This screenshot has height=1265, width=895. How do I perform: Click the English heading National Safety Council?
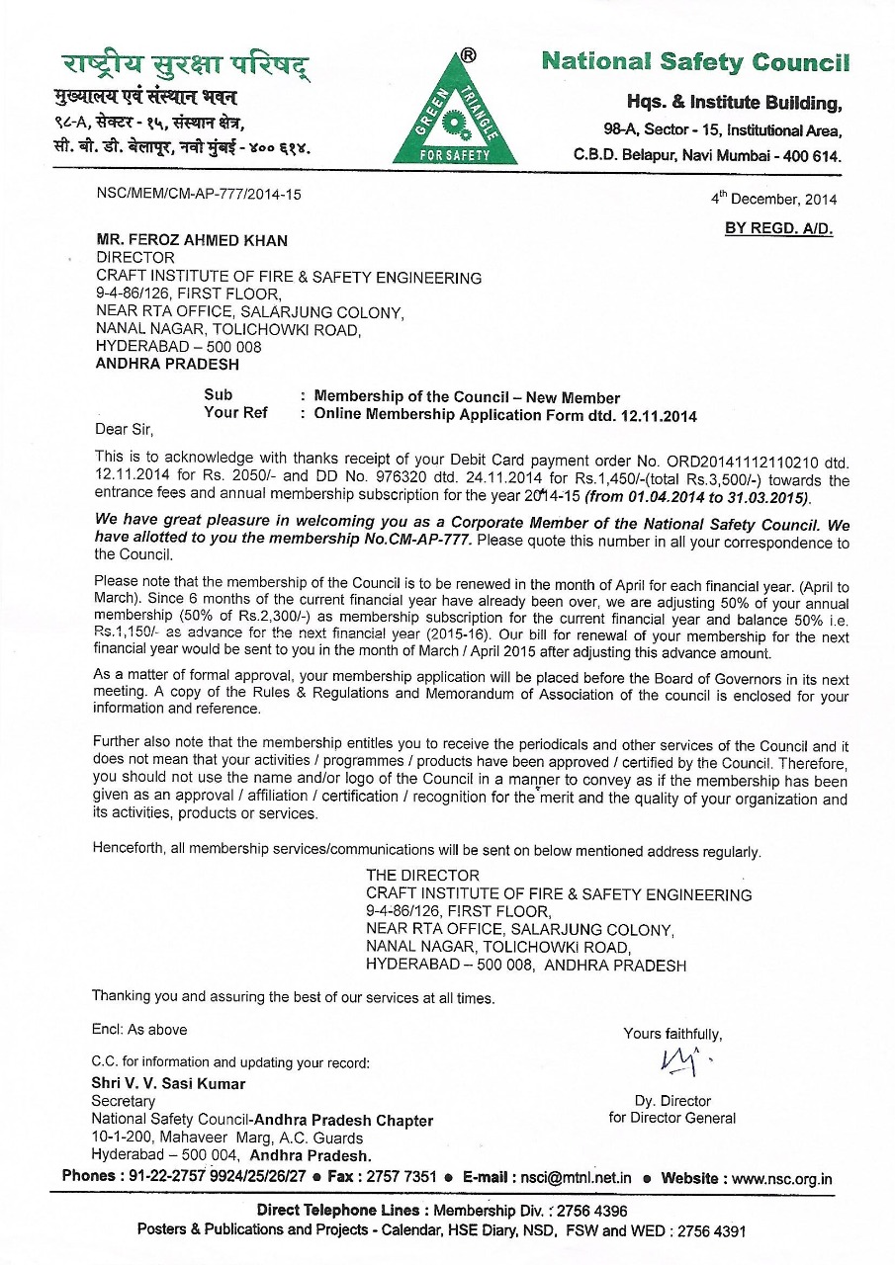(x=695, y=62)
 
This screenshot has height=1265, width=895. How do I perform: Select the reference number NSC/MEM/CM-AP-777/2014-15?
(x=198, y=194)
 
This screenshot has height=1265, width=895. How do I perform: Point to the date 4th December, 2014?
(x=773, y=199)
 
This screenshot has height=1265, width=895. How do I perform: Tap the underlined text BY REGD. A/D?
(x=779, y=229)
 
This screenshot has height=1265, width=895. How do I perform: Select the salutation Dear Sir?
(x=125, y=430)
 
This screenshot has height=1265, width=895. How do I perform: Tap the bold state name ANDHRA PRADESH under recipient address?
(x=167, y=364)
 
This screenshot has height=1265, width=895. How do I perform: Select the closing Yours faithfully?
(x=672, y=1034)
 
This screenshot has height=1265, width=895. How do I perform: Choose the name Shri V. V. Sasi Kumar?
(x=168, y=1083)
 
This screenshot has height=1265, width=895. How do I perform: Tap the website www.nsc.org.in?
(x=782, y=1178)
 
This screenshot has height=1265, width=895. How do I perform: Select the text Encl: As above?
(x=139, y=1030)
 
